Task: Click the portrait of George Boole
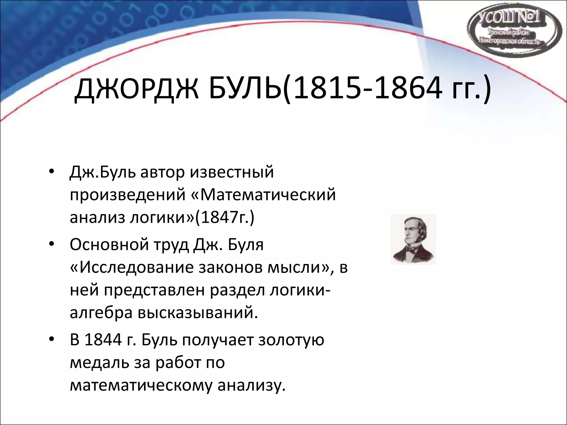pyautogui.click(x=413, y=239)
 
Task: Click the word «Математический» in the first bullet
pyautogui.click(x=263, y=195)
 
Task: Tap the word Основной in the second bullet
pyautogui.click(x=109, y=245)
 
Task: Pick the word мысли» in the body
pyautogui.click(x=299, y=268)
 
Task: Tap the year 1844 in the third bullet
pyautogui.click(x=103, y=340)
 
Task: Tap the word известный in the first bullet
pyautogui.click(x=232, y=172)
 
